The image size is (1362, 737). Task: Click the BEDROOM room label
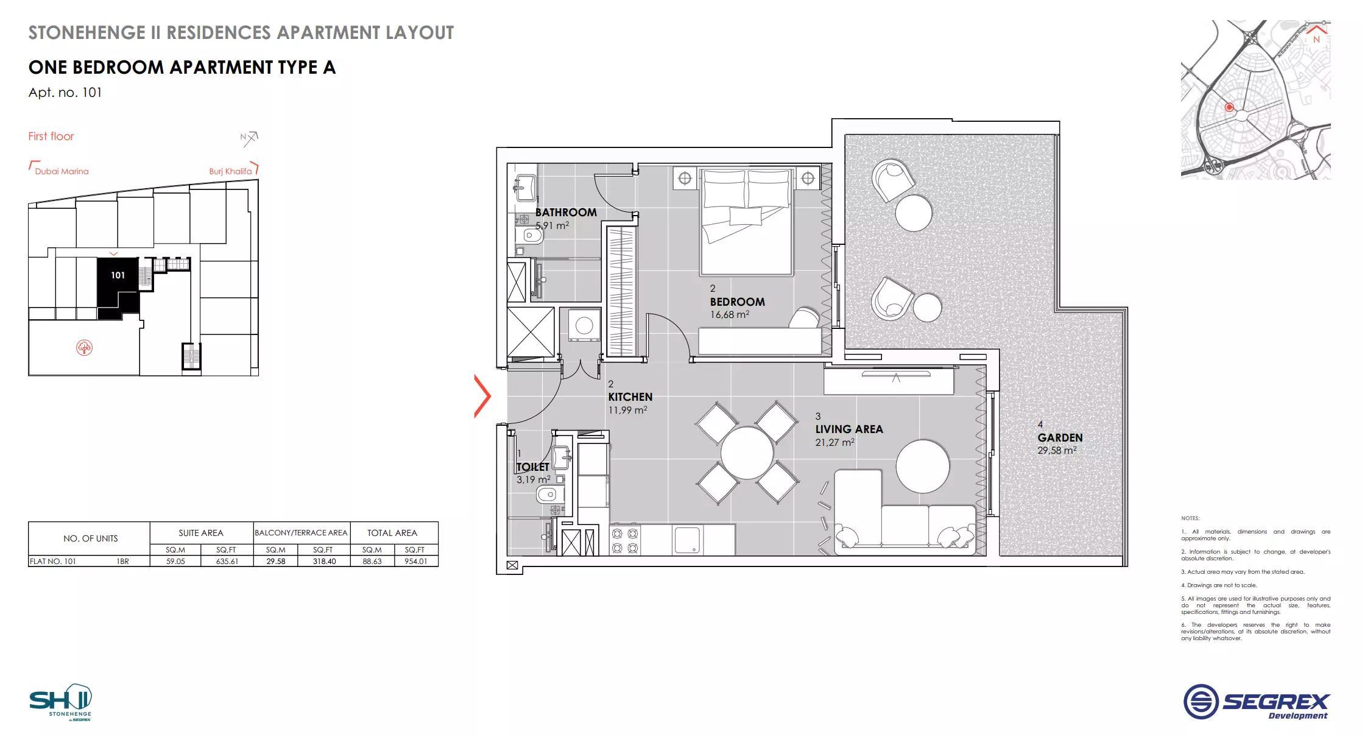coord(737,302)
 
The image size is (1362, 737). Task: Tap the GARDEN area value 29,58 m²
coord(1057,451)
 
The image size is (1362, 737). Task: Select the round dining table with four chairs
coord(747,453)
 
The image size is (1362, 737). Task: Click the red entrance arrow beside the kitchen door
coord(482,397)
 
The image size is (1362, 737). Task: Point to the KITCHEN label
coord(630,397)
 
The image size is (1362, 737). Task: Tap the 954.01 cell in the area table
coord(415,562)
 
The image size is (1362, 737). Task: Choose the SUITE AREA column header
coord(201,533)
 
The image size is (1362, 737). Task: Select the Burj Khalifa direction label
coord(230,171)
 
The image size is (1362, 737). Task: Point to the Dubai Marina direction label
coord(62,171)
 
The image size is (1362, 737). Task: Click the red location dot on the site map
coord(1229,107)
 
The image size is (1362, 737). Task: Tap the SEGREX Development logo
coord(1257,702)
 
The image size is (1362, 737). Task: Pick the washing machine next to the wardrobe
coord(584,325)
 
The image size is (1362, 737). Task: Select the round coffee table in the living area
coord(922,466)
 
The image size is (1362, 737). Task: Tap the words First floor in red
coord(51,136)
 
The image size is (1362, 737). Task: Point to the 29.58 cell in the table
coord(275,562)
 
